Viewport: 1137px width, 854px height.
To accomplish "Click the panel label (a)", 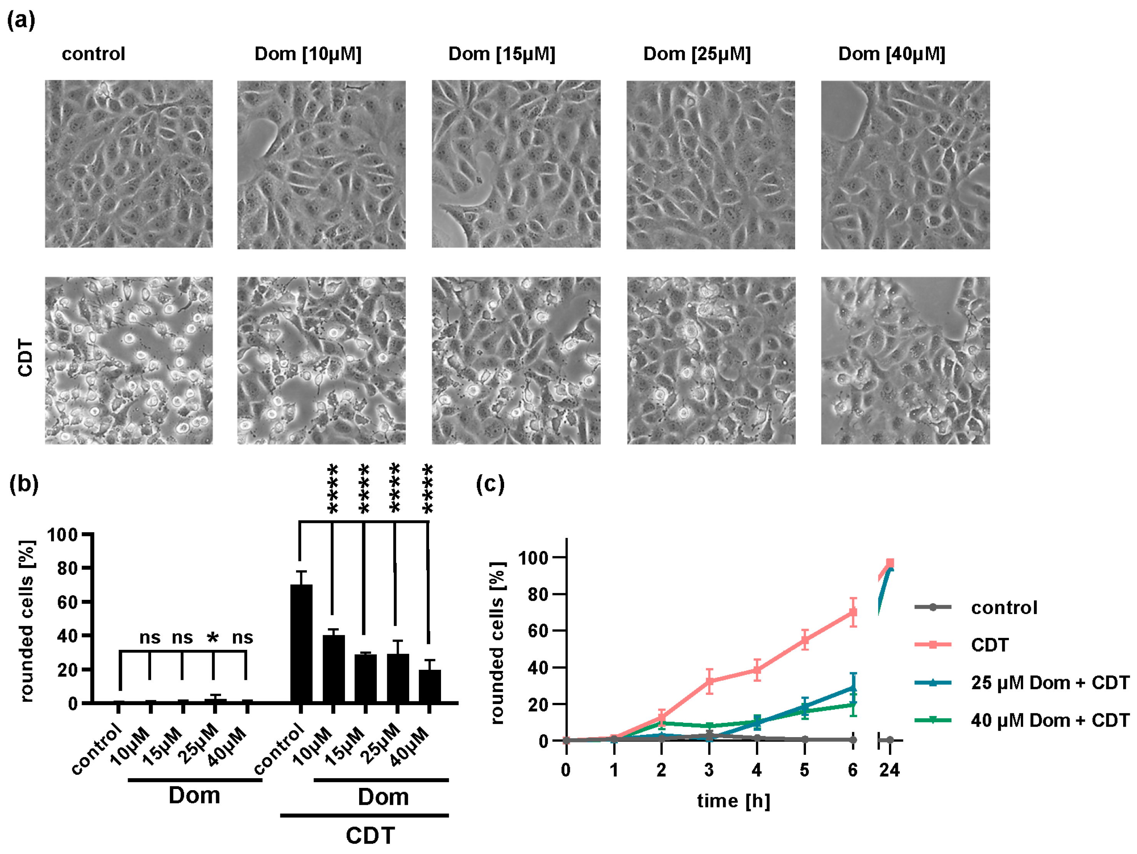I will [21, 20].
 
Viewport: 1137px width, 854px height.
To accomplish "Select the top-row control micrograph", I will [128, 163].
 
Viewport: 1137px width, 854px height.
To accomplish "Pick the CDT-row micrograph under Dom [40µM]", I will [905, 360].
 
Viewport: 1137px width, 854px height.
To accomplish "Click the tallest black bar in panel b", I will [301, 643].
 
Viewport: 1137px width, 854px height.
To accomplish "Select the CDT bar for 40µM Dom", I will [430, 686].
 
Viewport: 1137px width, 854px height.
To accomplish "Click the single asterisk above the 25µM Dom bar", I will [213, 638].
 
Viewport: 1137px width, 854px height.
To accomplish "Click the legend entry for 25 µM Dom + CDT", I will [1049, 683].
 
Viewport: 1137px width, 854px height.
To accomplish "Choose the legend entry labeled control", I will [1003, 608].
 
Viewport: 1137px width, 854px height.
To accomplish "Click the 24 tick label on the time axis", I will [889, 770].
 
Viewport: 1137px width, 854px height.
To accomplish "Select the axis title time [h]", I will [734, 801].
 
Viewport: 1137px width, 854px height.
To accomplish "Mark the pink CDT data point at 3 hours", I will [709, 682].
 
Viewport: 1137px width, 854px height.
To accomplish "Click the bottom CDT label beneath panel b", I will [370, 836].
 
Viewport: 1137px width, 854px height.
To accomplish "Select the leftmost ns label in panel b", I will [150, 638].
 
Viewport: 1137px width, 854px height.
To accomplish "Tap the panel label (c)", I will [490, 484].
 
